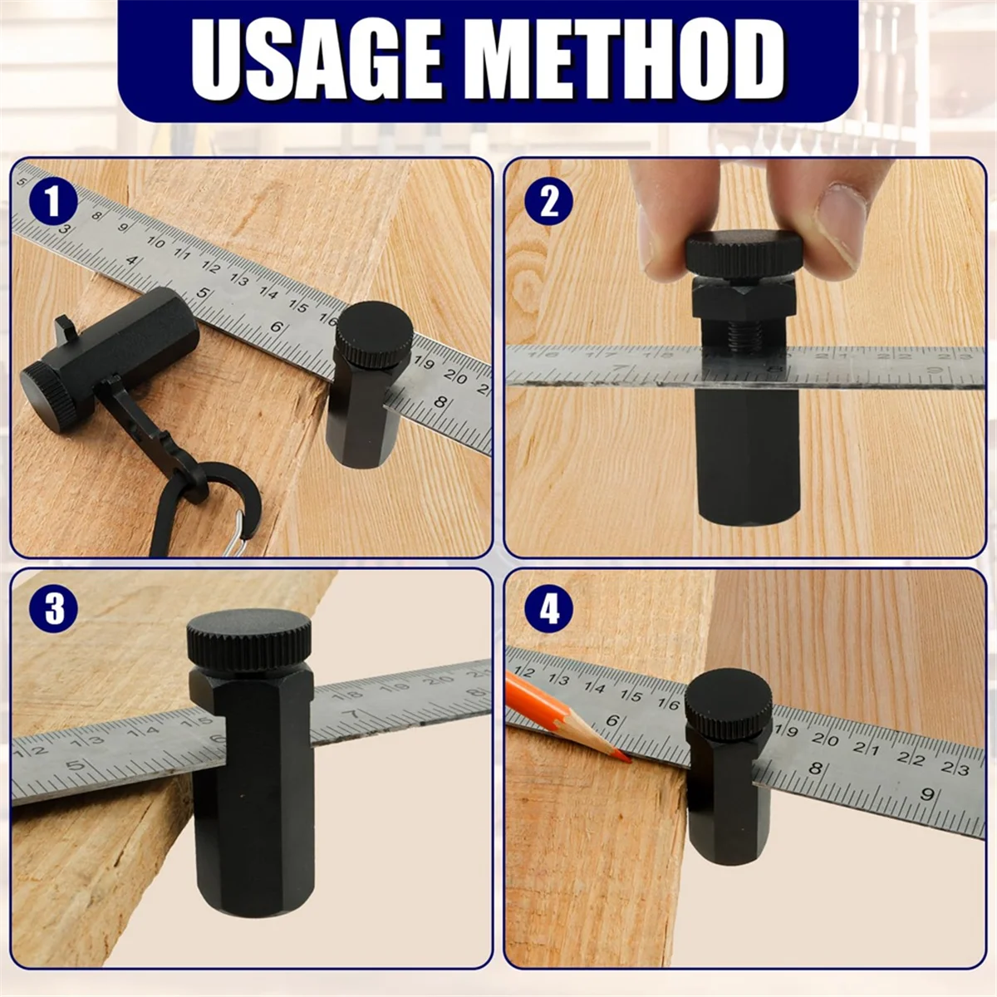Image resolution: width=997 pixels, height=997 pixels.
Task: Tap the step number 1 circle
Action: [52, 202]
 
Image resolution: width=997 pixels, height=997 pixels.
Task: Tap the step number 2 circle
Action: [548, 201]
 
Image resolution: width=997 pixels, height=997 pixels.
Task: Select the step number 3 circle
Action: [53, 609]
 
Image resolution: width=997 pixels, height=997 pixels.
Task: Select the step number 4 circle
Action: [548, 609]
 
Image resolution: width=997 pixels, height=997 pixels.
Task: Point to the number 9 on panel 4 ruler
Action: [927, 793]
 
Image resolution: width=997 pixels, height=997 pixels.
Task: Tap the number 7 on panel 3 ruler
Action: [356, 714]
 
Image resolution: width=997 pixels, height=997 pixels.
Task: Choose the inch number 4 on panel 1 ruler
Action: [131, 260]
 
